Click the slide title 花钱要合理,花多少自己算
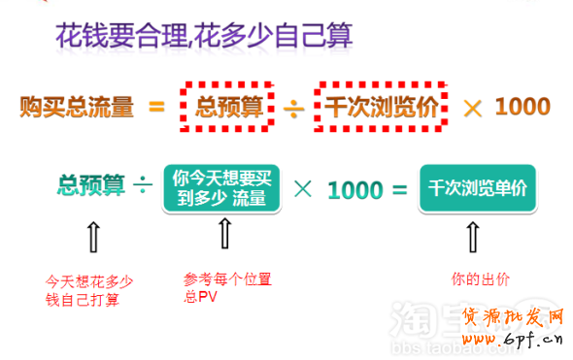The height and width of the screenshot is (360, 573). click(x=203, y=39)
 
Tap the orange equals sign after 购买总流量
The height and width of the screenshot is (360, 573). click(x=156, y=106)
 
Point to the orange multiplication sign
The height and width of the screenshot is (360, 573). click(x=472, y=106)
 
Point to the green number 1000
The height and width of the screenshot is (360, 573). click(x=354, y=188)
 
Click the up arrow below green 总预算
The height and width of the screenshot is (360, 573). click(x=92, y=235)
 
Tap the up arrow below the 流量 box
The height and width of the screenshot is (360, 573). click(x=223, y=233)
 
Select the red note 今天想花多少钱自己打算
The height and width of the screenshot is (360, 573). click(x=88, y=290)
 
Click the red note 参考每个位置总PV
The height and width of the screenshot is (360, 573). click(x=227, y=286)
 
